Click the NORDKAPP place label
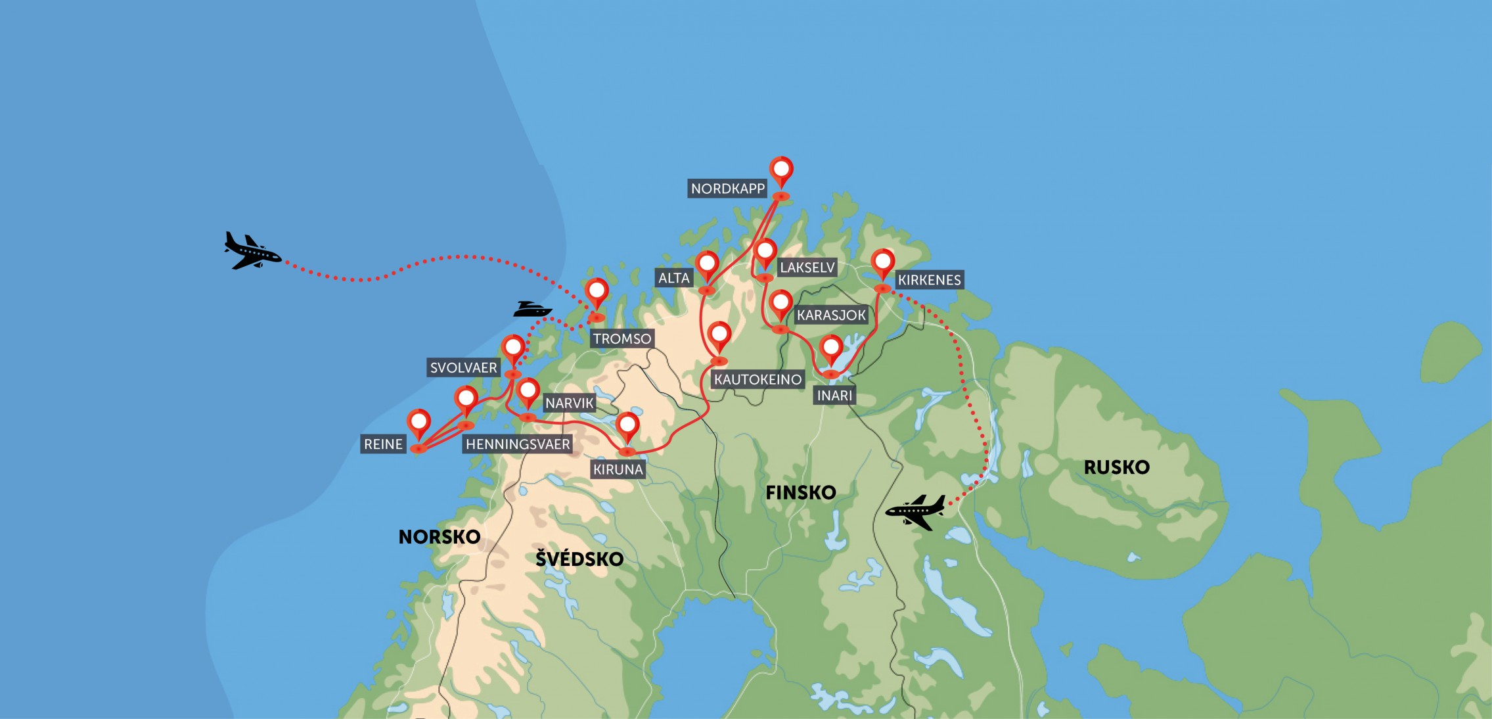click(x=727, y=189)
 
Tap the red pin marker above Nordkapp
click(x=781, y=170)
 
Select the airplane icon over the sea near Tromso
click(x=252, y=250)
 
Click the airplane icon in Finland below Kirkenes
click(x=916, y=511)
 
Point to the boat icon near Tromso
click(x=531, y=309)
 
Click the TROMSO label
click(x=622, y=338)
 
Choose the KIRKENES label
click(x=929, y=280)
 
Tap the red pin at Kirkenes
click(x=882, y=263)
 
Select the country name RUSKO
click(x=1116, y=467)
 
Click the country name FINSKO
click(x=800, y=492)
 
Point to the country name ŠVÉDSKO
click(x=579, y=559)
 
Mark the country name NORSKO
click(x=440, y=537)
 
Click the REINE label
click(x=383, y=444)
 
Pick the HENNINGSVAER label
click(x=518, y=444)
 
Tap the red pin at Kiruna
click(x=627, y=426)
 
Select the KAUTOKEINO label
click(x=757, y=379)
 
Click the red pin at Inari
click(x=831, y=348)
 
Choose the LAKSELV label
click(x=807, y=267)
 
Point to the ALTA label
click(x=674, y=278)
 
